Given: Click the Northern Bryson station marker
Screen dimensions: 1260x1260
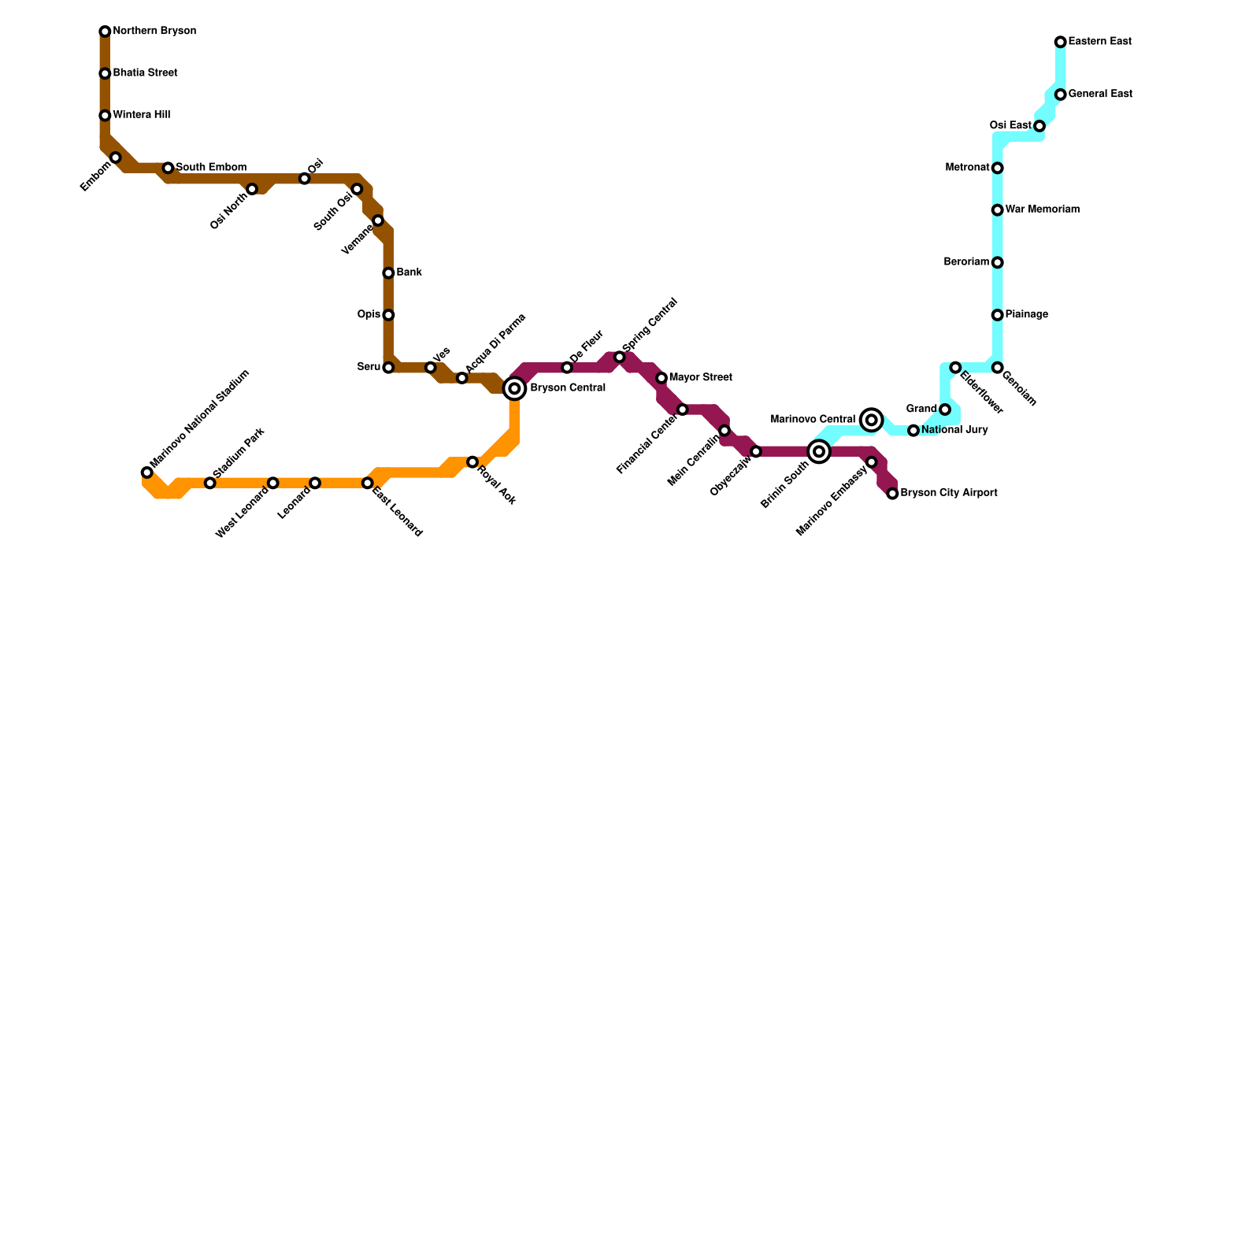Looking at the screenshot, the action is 105,31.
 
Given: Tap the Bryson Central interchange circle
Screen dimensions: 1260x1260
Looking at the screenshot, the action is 514,388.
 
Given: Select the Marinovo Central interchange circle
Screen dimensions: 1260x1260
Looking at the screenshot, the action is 871,420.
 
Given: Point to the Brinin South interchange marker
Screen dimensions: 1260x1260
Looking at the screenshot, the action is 819,451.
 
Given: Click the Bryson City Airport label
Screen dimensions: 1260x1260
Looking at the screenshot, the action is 948,494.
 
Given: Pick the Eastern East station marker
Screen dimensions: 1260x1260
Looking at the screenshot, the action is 1061,42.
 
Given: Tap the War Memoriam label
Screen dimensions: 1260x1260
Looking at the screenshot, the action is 1042,210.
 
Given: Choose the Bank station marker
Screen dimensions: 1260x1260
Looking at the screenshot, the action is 388,273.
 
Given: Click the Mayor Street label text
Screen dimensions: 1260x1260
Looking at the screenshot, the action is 700,378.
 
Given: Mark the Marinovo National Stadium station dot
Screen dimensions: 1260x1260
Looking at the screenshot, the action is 146,472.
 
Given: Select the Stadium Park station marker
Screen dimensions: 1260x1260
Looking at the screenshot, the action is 209,483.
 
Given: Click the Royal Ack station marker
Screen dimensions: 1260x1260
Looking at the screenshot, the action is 472,462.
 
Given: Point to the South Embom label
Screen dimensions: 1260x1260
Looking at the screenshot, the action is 210,168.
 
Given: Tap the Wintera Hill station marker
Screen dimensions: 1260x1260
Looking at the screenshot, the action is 105,116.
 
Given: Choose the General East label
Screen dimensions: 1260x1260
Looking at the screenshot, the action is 1099,94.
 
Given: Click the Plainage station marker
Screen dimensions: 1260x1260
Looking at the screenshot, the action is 997,315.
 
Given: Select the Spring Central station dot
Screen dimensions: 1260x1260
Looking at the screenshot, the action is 620,358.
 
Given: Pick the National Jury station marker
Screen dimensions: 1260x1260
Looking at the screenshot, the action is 913,431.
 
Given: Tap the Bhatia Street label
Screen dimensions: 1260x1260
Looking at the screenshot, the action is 145,73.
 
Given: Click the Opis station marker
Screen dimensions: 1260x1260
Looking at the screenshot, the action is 388,315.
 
